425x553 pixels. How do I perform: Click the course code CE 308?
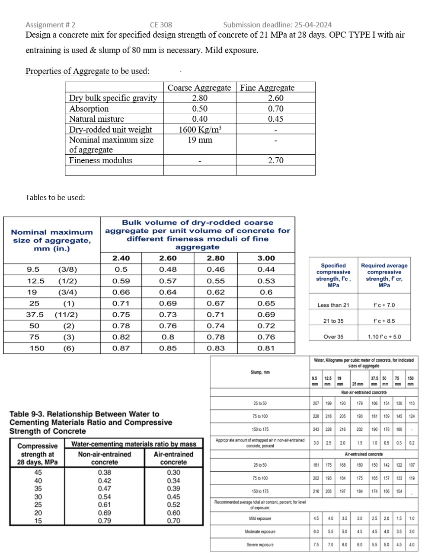[x=161, y=25]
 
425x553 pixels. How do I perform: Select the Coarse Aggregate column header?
[x=199, y=88]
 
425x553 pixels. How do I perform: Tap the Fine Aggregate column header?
[x=267, y=88]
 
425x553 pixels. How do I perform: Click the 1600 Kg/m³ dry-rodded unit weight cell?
[x=200, y=129]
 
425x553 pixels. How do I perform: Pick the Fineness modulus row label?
[x=101, y=160]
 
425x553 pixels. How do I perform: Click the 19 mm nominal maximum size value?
[x=200, y=140]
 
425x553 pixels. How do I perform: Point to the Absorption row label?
[x=89, y=108]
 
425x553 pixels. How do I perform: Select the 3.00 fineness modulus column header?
[x=266, y=258]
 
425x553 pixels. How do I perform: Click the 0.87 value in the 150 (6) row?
[x=121, y=348]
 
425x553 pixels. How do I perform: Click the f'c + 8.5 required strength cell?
[x=384, y=321]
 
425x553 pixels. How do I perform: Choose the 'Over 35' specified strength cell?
[x=333, y=337]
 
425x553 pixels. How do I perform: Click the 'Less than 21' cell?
[x=333, y=305]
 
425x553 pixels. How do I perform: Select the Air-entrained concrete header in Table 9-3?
[x=173, y=458]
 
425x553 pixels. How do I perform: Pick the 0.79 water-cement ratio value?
[x=104, y=521]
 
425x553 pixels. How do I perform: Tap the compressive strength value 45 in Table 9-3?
[x=38, y=472]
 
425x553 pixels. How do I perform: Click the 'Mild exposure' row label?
[x=260, y=518]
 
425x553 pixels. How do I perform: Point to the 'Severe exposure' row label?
[x=260, y=544]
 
